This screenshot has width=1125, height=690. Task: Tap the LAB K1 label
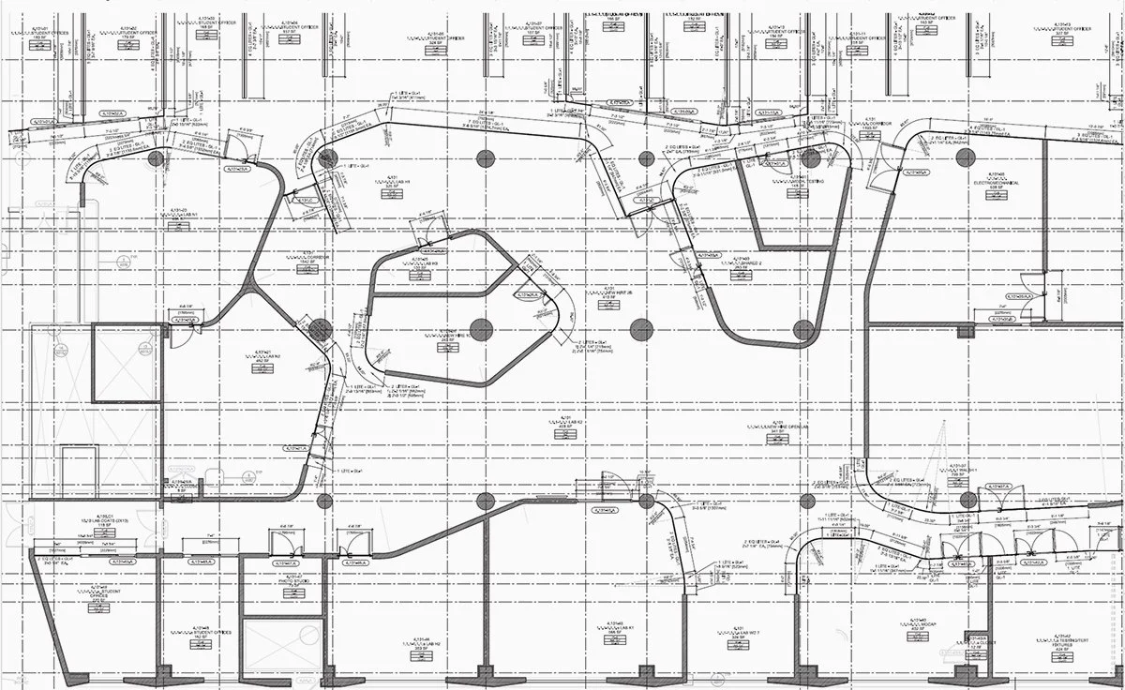616,629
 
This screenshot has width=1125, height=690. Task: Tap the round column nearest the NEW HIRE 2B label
641,329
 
